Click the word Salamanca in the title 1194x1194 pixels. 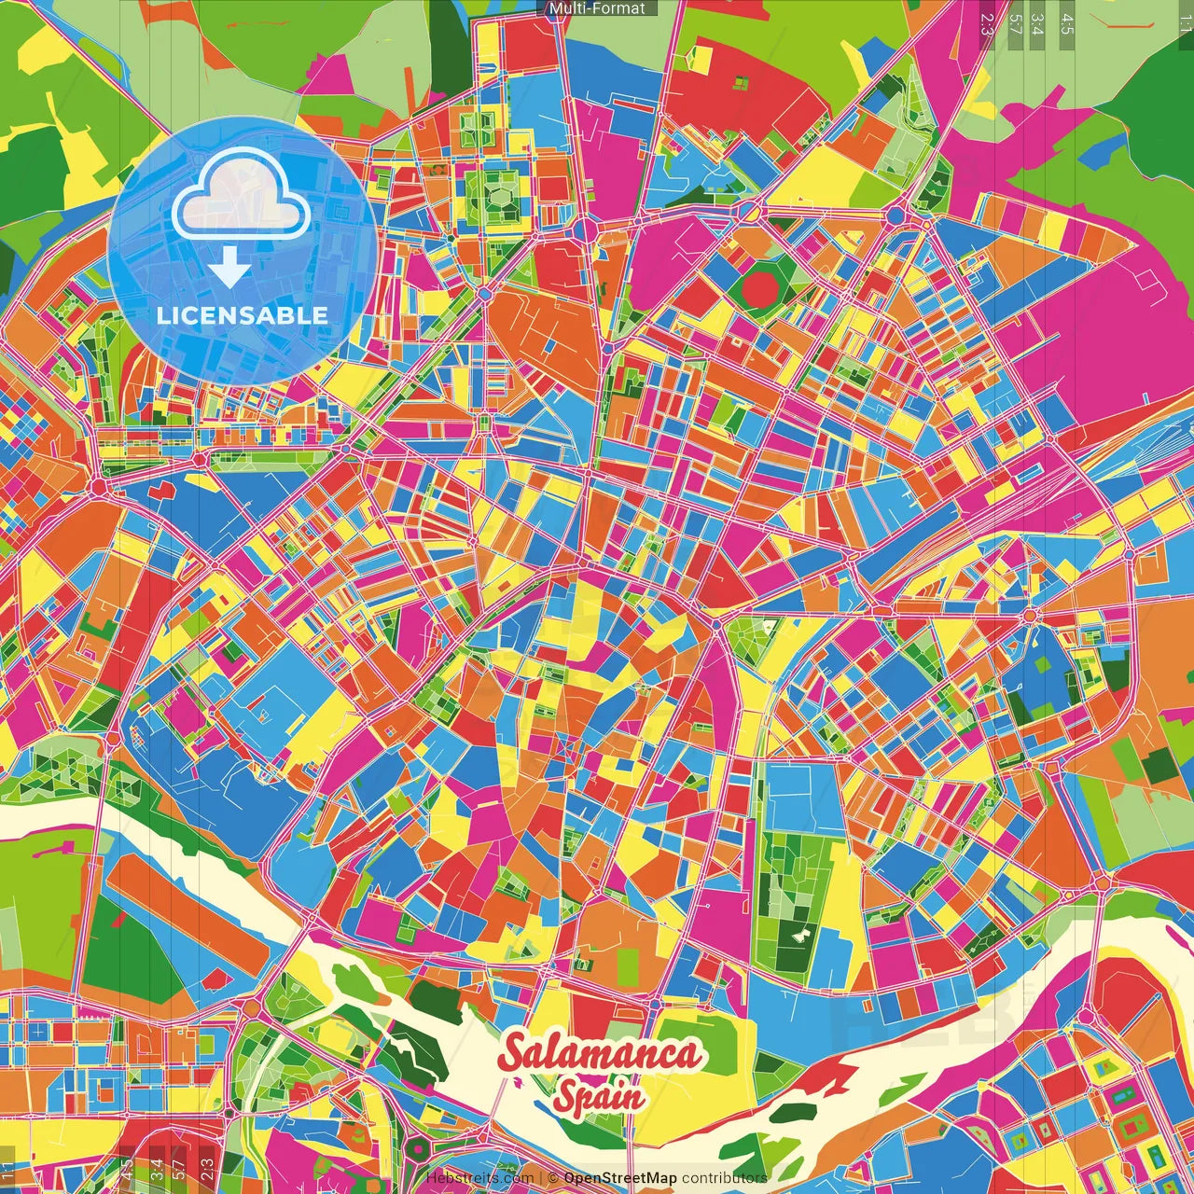pyautogui.click(x=599, y=1053)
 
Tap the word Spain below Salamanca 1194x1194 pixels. pyautogui.click(x=599, y=1095)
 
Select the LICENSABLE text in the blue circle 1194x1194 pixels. pyautogui.click(x=243, y=315)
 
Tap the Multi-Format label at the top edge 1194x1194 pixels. pyautogui.click(x=597, y=8)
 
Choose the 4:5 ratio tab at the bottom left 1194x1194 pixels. pyautogui.click(x=127, y=1171)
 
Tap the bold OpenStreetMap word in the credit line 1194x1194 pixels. pyautogui.click(x=620, y=1178)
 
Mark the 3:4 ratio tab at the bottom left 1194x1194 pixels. pyautogui.click(x=157, y=1171)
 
